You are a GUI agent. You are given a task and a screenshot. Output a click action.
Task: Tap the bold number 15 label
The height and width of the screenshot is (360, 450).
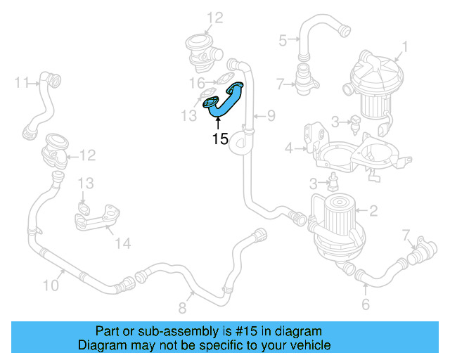pos(220,139)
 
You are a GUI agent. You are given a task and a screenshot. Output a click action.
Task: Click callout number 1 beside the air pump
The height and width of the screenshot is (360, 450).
pos(404,49)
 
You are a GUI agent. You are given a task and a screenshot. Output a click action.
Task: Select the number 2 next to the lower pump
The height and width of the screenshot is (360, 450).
pos(373,210)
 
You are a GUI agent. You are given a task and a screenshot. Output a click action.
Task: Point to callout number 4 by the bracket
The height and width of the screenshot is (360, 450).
pos(288,148)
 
